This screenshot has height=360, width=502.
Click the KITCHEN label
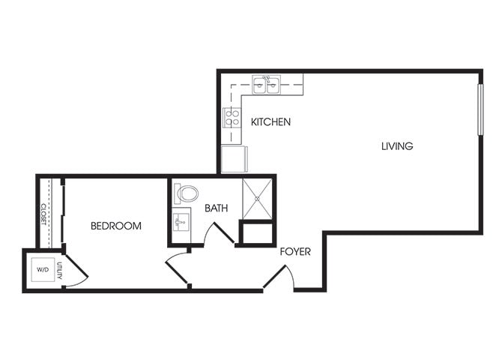270,121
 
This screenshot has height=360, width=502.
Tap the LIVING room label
396,146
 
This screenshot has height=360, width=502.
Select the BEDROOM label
116,225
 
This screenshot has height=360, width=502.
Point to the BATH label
216,208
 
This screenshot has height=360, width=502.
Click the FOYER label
295,252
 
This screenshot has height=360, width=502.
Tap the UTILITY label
60,271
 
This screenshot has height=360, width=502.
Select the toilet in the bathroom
186,194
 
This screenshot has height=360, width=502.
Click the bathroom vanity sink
181,223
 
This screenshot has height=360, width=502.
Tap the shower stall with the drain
257,199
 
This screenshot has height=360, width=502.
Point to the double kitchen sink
266,84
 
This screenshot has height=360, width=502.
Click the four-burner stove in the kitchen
232,118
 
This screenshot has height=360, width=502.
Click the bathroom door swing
219,233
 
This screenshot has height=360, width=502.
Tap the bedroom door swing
178,268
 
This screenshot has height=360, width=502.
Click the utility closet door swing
75,268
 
